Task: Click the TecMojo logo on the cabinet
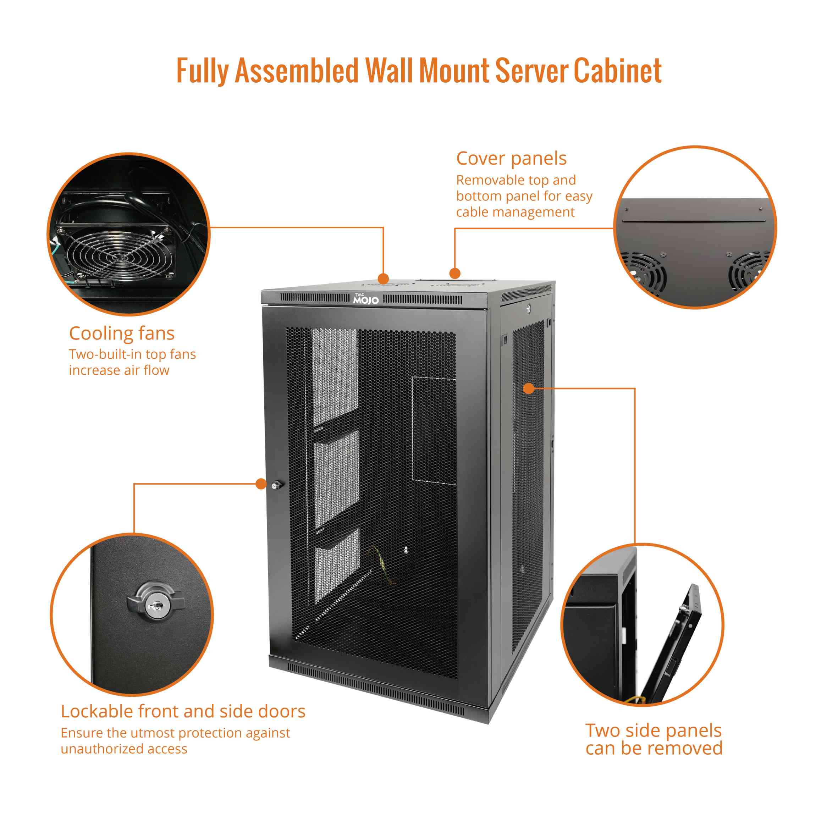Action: pos(366,299)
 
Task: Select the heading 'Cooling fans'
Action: pos(121,333)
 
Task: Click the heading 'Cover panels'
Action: pos(511,159)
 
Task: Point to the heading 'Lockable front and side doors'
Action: pos(183,711)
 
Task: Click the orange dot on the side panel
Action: pos(528,388)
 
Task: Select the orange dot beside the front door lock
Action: pos(261,484)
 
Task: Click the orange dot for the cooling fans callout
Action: pos(383,279)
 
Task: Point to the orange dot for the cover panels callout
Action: pos(454,273)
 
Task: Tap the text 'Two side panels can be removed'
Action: pos(654,739)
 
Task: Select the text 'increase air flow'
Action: pos(119,370)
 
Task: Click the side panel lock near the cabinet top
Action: pos(528,309)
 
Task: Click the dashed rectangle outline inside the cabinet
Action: pos(433,429)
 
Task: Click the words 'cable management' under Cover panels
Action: pos(515,212)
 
